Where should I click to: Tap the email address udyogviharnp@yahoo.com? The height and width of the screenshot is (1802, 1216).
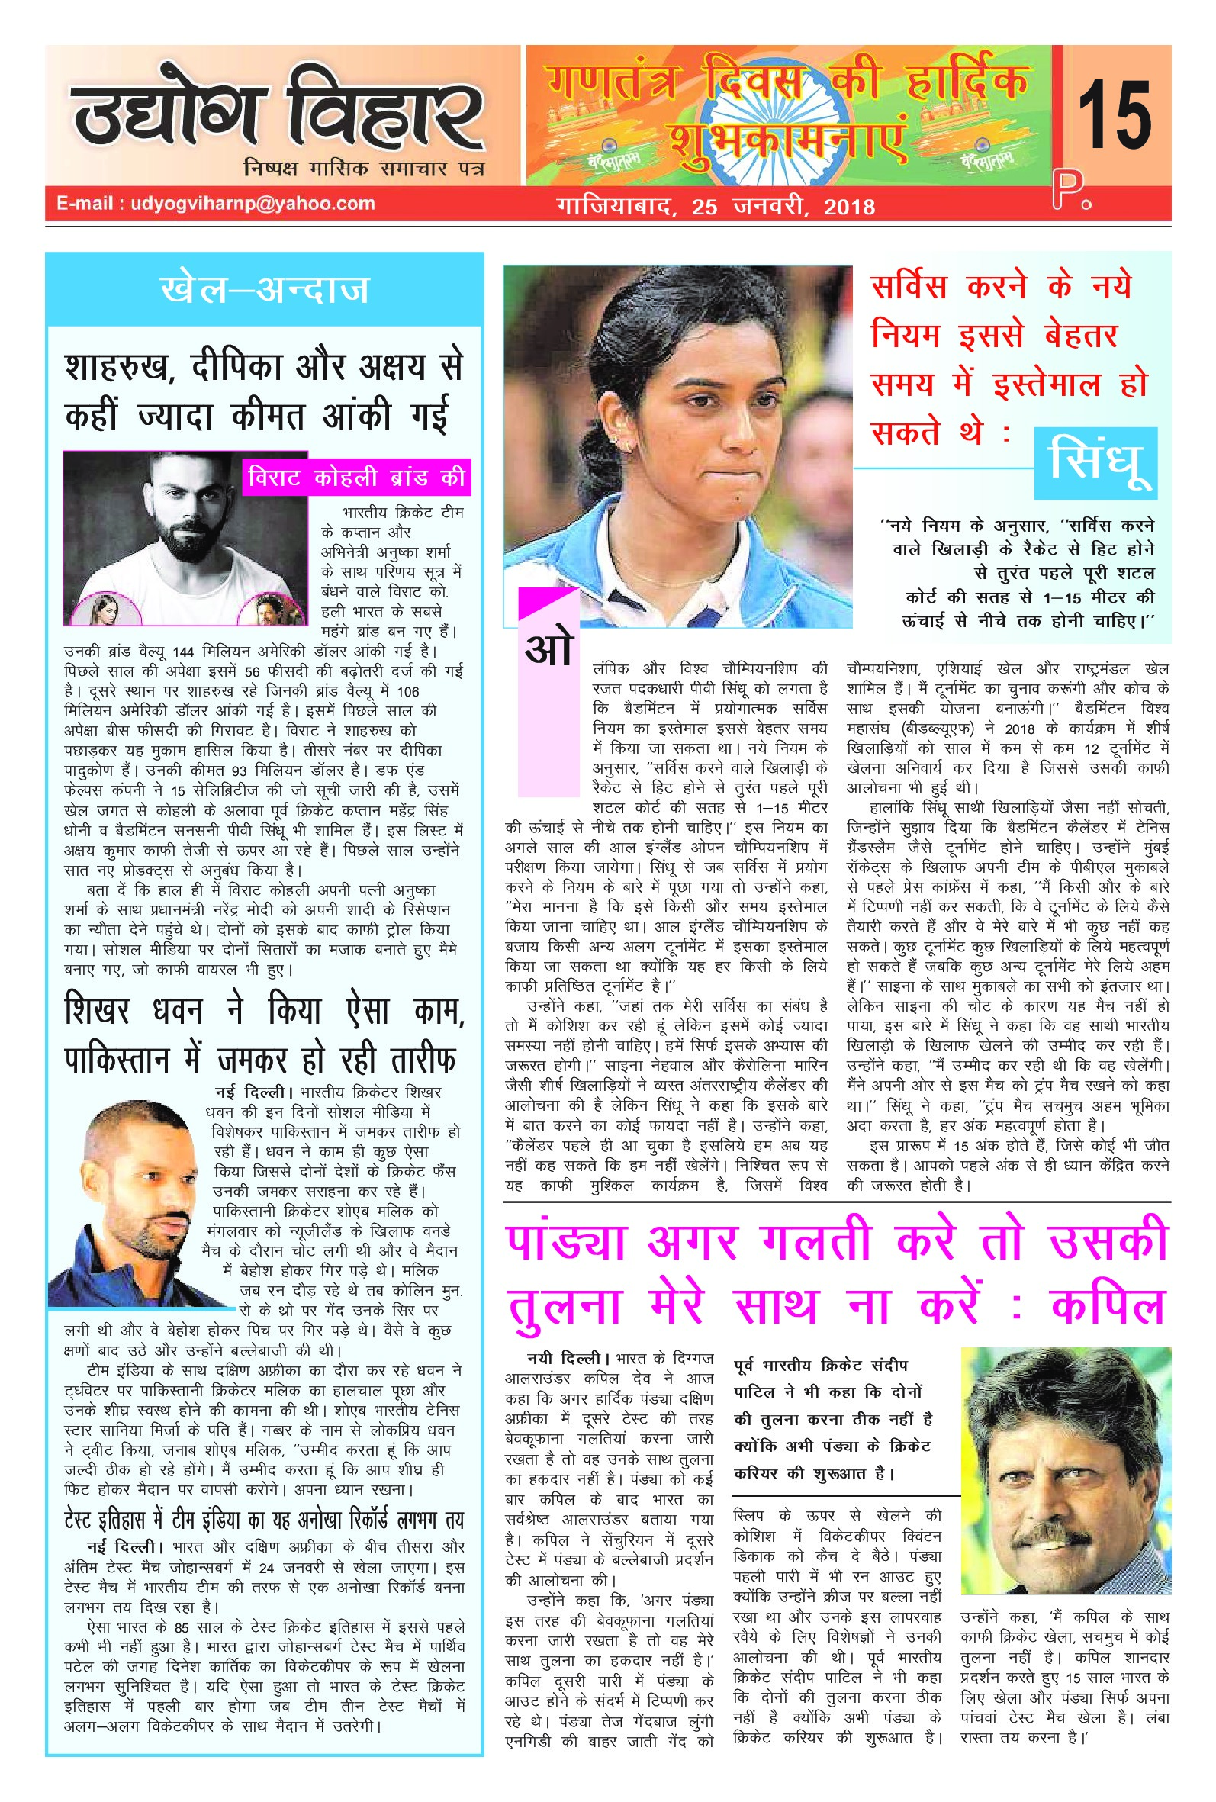216,204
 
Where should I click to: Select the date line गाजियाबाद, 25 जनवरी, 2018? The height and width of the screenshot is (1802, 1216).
716,206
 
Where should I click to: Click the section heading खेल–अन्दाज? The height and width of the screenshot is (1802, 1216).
265,289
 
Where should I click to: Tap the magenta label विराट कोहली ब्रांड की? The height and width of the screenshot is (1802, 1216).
356,477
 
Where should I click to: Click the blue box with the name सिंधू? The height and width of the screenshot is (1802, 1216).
1095,463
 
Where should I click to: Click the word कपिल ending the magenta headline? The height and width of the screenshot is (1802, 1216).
1109,1305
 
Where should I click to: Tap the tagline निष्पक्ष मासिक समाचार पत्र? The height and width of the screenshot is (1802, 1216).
363,168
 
